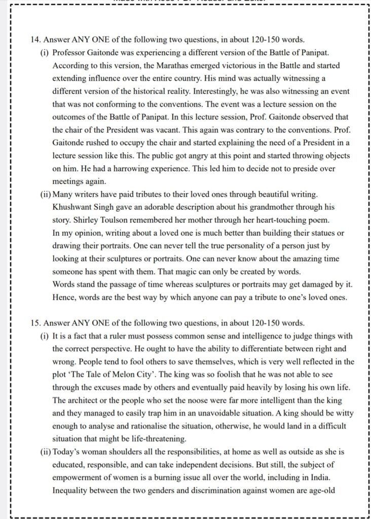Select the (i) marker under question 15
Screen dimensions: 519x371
pos(44,336)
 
